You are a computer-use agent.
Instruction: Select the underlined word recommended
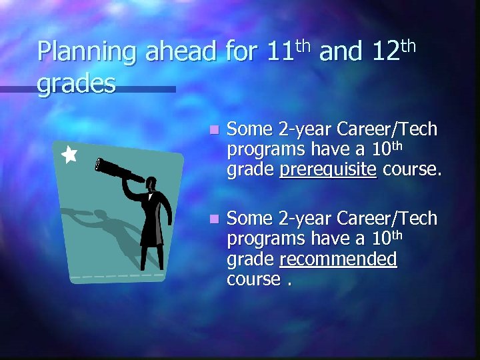tap(339, 259)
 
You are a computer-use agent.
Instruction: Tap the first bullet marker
tap(213, 129)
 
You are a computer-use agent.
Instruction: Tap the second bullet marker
tap(213, 219)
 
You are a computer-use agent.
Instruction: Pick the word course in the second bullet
tap(253, 279)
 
